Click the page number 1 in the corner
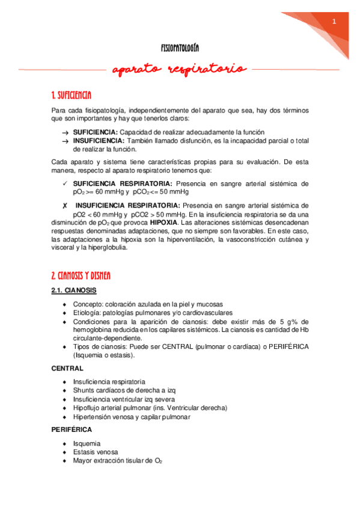334,21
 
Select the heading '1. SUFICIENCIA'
72,95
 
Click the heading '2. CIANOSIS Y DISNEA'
81,276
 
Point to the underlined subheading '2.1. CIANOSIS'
74,290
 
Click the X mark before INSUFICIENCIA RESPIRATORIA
64,206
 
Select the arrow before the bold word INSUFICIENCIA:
64,140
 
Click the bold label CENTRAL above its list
67,368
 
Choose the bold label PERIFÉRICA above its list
72,431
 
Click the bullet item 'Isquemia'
87,444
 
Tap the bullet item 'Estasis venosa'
95,452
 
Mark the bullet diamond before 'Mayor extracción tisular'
64,461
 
